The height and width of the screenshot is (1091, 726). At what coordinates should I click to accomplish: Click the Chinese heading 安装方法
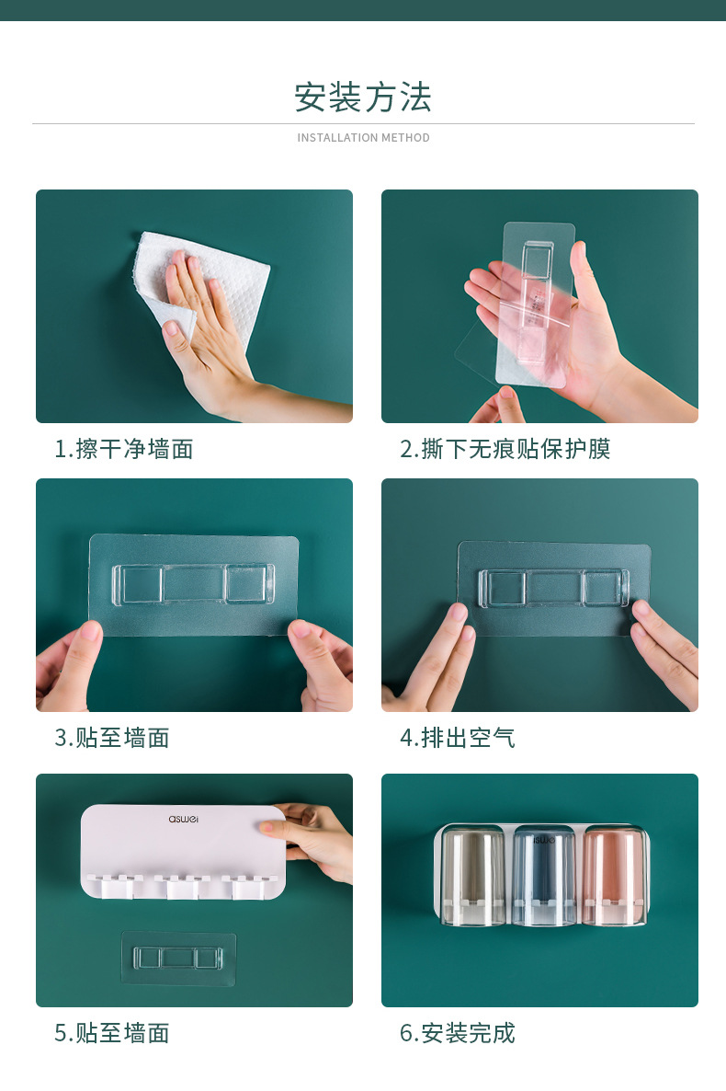[363, 97]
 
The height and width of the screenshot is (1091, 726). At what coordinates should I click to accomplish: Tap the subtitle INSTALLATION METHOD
[363, 138]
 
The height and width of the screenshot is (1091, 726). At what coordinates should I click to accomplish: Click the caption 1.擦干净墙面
[124, 449]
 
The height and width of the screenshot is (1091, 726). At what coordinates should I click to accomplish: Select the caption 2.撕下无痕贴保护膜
[505, 449]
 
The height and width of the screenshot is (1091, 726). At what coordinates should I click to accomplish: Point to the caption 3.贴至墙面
[112, 738]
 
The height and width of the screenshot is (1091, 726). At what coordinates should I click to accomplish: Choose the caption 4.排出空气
[458, 738]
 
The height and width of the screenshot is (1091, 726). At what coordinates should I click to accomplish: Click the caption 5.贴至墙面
[112, 1033]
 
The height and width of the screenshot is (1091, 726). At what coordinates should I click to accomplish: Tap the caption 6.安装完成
[458, 1033]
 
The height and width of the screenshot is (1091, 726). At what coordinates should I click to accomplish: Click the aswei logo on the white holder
[184, 819]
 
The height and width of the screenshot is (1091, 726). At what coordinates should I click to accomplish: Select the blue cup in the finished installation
[544, 877]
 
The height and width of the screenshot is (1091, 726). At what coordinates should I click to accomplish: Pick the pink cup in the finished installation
[614, 876]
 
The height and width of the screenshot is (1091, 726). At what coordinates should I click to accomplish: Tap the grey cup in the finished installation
[473, 876]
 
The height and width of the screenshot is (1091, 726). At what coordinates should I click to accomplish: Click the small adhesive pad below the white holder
[178, 958]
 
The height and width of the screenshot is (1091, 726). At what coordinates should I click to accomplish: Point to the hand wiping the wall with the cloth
[209, 334]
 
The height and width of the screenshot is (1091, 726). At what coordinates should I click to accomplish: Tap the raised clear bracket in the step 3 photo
[193, 583]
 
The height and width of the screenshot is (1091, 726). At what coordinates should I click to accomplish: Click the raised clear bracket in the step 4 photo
[553, 588]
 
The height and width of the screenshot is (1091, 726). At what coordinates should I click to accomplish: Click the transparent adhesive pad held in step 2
[536, 304]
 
